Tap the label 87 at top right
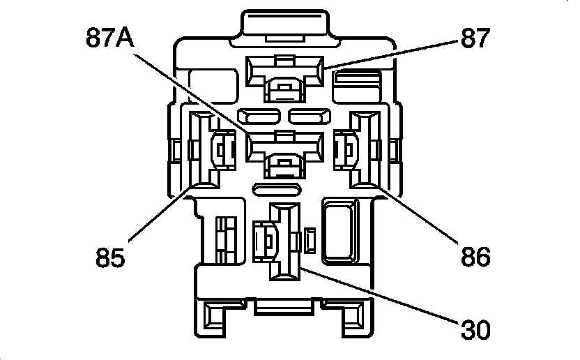pyautogui.click(x=475, y=38)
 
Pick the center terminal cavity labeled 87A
pyautogui.click(x=284, y=151)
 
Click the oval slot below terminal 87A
pyautogui.click(x=277, y=188)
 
